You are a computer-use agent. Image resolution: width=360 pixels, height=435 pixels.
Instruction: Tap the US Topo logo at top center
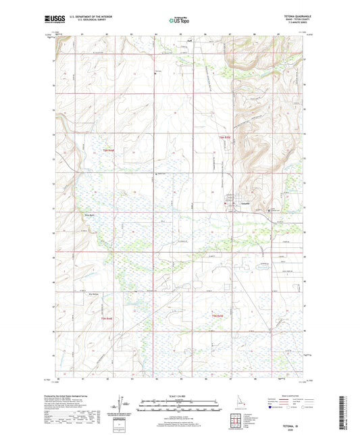(x=180, y=20)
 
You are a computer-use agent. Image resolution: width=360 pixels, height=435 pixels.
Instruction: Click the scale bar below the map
(x=180, y=403)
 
